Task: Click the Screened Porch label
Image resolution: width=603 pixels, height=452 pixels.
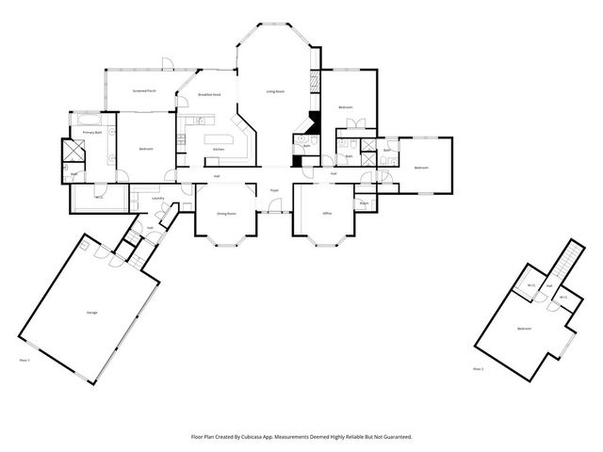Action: (x=144, y=91)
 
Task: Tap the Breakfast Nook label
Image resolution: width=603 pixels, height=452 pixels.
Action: (x=209, y=95)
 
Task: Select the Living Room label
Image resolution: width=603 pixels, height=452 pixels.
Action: (x=275, y=91)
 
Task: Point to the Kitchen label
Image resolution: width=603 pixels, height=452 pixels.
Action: (x=218, y=150)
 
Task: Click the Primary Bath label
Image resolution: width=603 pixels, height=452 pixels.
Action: (x=91, y=133)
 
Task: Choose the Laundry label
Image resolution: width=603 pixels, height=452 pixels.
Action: (x=158, y=199)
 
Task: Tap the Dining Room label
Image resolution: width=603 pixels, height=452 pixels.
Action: (x=226, y=214)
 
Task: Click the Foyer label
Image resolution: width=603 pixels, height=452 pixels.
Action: (x=275, y=190)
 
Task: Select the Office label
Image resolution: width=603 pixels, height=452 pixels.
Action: (x=327, y=214)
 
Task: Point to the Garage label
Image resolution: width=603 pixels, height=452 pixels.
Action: (x=92, y=312)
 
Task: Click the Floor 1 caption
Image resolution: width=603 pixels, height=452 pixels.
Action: (x=25, y=359)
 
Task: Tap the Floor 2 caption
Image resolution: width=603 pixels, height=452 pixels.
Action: (x=478, y=368)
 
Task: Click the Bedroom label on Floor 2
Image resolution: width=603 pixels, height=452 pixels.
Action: (x=523, y=328)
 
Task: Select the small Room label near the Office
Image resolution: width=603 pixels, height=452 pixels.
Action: (x=364, y=202)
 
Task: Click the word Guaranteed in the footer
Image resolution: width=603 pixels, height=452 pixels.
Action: (x=397, y=436)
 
